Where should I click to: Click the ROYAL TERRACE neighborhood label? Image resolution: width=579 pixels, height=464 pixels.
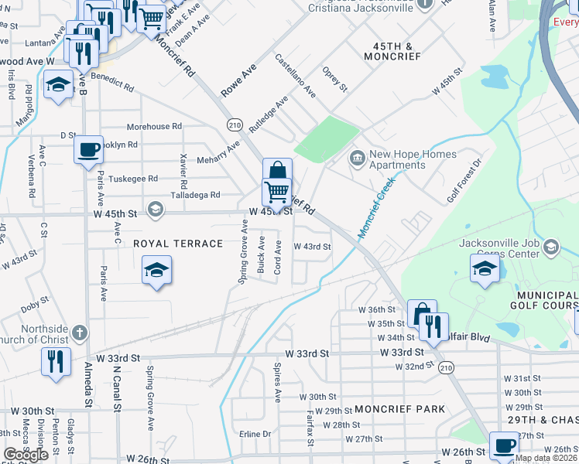click(178, 244)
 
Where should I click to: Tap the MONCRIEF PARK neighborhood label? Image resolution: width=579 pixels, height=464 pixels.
click(400, 408)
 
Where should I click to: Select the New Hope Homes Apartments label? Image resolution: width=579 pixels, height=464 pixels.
click(397, 159)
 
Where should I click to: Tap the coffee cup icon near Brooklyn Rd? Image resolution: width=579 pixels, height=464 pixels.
click(88, 148)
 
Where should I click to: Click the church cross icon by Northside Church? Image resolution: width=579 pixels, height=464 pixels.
click(78, 334)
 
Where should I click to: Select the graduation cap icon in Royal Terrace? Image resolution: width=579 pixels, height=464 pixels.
click(156, 271)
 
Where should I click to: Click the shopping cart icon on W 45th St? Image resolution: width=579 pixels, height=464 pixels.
click(276, 190)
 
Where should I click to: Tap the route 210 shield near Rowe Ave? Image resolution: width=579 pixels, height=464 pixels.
click(235, 125)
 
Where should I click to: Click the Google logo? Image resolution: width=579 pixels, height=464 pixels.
click(26, 455)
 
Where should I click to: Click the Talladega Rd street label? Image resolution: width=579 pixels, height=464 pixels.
click(194, 195)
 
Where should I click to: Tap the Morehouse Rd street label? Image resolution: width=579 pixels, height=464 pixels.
click(154, 126)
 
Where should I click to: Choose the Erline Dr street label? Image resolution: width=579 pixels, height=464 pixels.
click(255, 434)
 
